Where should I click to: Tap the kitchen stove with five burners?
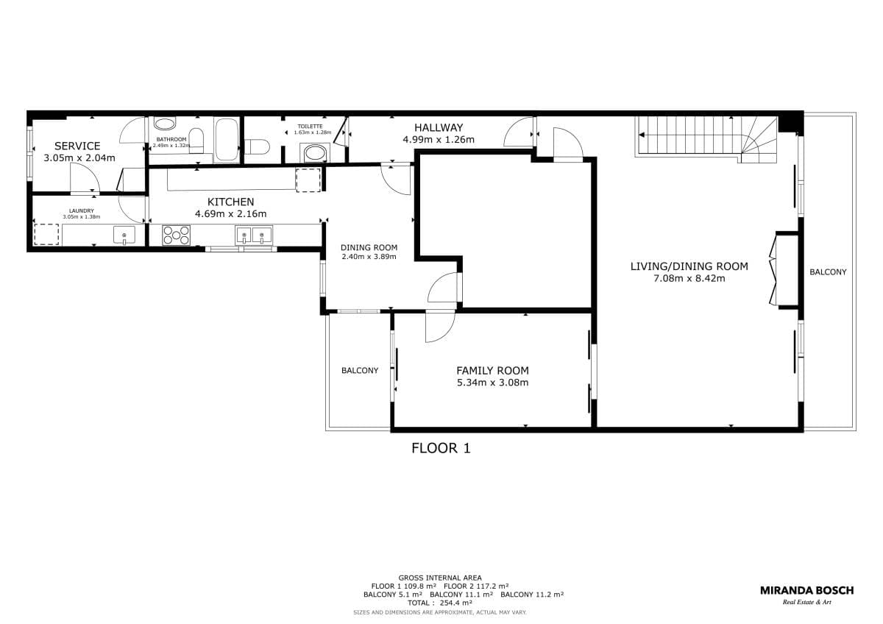pos(177,235)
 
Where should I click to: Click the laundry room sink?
pos(124,235)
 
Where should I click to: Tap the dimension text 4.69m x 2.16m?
pos(230,214)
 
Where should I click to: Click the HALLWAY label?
pos(438,127)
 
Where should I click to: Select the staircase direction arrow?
pos(642,135)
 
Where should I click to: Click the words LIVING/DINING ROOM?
pos(689,266)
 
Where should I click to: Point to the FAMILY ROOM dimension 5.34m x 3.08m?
pos(492,383)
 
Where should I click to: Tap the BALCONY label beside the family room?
pos(359,371)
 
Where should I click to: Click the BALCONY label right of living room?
pos(828,272)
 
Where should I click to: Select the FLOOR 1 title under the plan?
pos(440,447)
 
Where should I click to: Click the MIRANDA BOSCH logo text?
pos(806,590)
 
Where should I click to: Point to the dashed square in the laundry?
pos(46,233)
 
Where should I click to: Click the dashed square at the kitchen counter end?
pos(308,180)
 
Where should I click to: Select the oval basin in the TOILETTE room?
pos(315,153)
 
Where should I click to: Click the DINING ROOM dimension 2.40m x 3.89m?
pos(369,257)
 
